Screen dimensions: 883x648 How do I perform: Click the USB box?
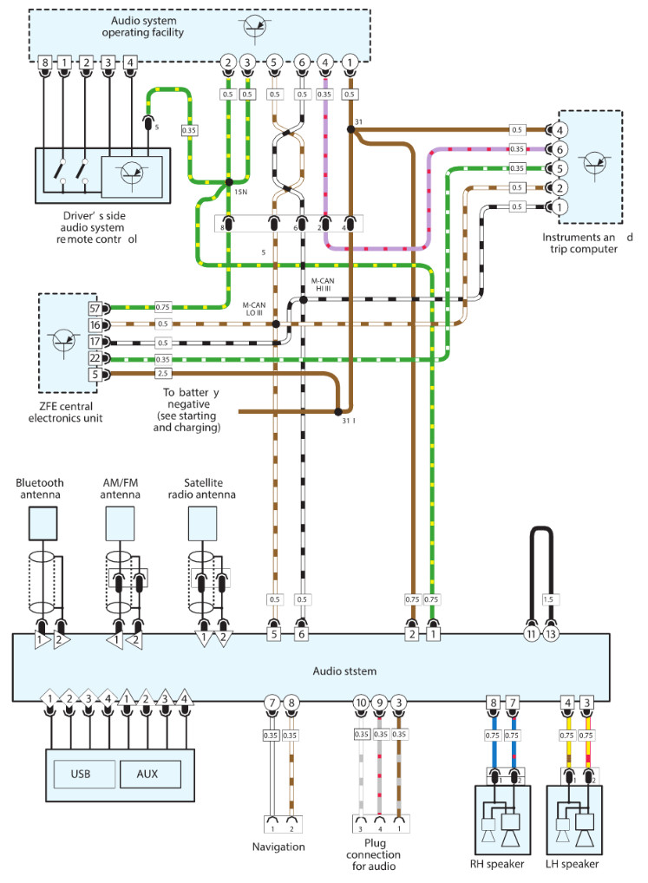point(82,773)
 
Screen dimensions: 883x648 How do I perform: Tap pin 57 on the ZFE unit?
point(94,308)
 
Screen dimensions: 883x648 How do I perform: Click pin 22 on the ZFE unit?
point(94,358)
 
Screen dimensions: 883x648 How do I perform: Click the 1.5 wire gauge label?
point(548,598)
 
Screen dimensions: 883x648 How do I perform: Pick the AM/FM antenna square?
point(120,523)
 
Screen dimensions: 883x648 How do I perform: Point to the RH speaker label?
point(502,864)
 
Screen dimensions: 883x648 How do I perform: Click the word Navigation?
point(278,847)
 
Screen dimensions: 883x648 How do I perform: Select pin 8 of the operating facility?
point(45,62)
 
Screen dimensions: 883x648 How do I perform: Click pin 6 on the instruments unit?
point(560,150)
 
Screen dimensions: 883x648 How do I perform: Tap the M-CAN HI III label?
point(324,285)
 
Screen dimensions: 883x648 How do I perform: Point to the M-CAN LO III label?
point(255,308)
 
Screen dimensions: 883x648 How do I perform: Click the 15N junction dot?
point(228,181)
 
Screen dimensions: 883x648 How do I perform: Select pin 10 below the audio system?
point(362,703)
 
